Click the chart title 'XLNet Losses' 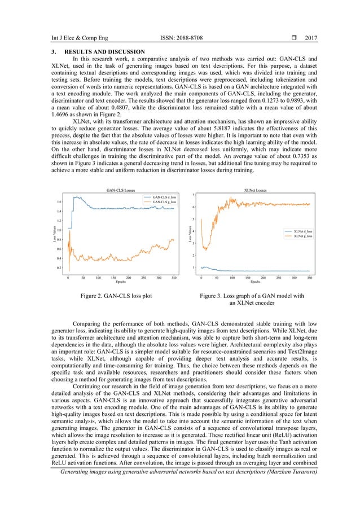click(x=255, y=190)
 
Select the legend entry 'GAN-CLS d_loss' click(x=164, y=196)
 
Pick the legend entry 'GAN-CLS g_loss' click(x=164, y=201)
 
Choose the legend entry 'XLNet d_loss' click(x=298, y=231)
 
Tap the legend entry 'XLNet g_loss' click(x=298, y=236)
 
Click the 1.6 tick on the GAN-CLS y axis click(x=59, y=201)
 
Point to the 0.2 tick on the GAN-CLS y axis click(x=59, y=267)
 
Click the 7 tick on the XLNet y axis click(x=194, y=195)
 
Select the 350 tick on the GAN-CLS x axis click(x=174, y=278)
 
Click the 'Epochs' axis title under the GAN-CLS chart click(x=121, y=282)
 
